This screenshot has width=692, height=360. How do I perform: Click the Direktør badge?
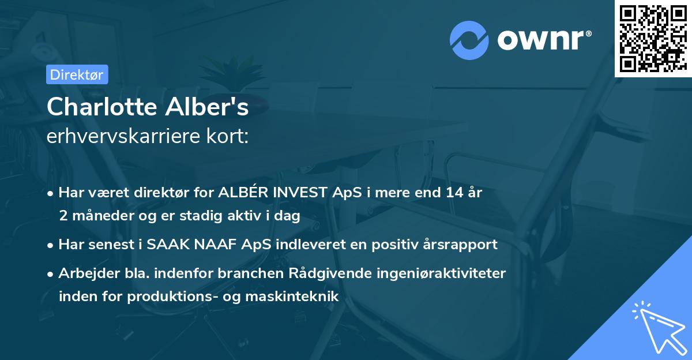77,74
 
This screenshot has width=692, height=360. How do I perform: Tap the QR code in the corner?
653,38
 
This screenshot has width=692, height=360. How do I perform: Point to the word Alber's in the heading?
213,107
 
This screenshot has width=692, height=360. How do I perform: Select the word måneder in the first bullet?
99,216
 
